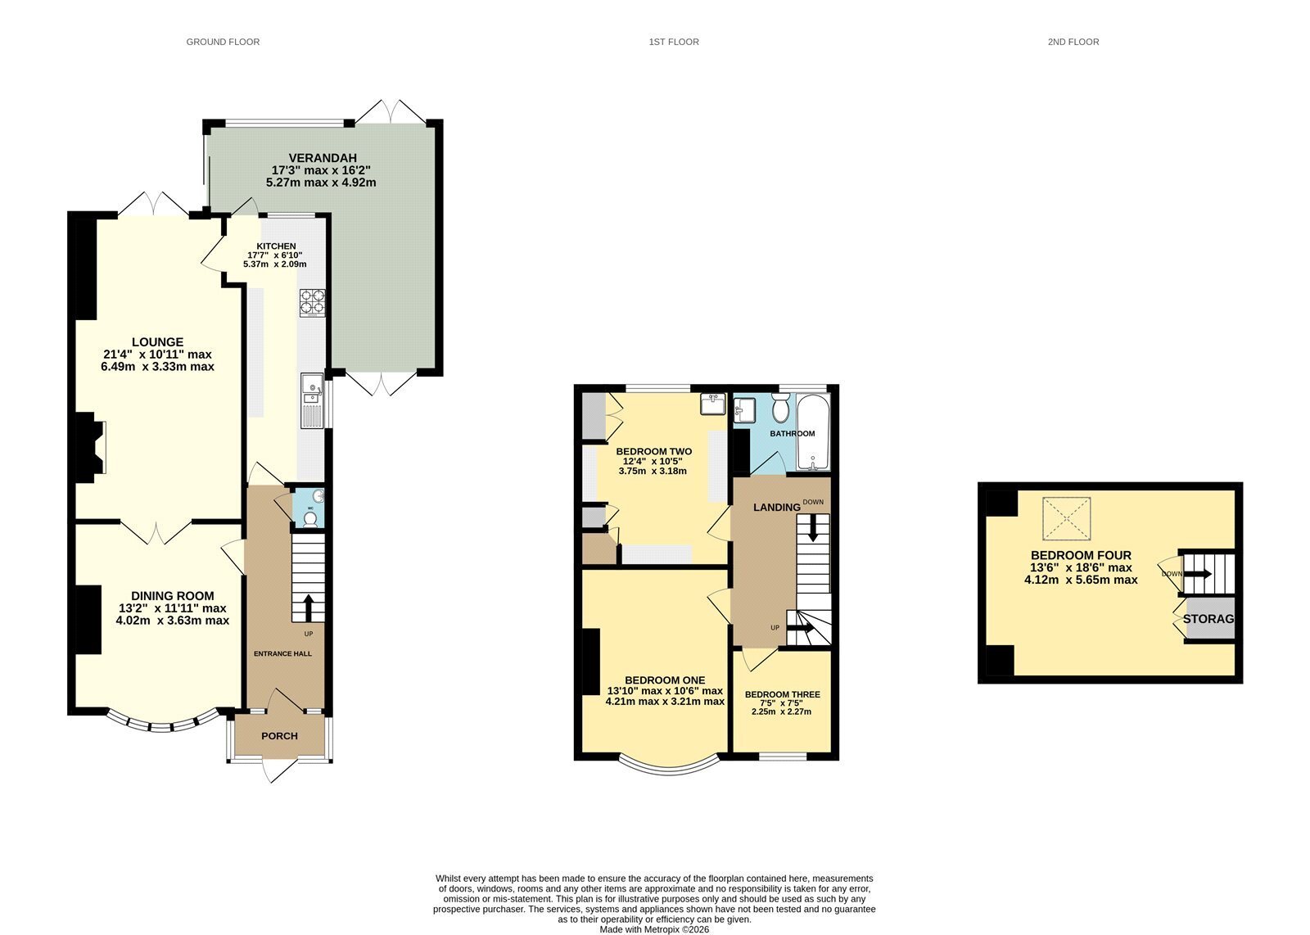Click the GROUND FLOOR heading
[223, 42]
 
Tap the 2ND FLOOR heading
[1073, 42]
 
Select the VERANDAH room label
[323, 158]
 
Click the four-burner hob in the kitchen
[313, 302]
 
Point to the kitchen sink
[312, 400]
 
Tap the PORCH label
[279, 735]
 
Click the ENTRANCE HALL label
[282, 653]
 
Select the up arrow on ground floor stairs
[308, 608]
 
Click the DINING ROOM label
[173, 596]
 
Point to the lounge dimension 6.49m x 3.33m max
[157, 367]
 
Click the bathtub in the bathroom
[813, 432]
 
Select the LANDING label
[777, 507]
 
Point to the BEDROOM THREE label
[782, 694]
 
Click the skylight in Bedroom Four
[1067, 518]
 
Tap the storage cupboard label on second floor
[1208, 619]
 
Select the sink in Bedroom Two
[713, 404]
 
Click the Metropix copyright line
[654, 929]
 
